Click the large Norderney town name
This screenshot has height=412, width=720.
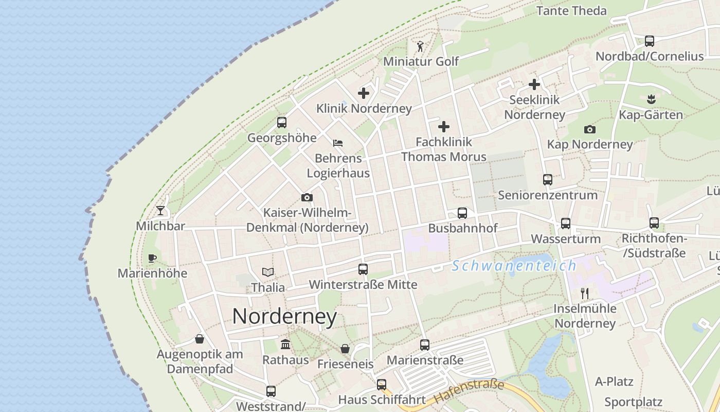coord(284,316)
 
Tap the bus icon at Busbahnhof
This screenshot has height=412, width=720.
coord(462,213)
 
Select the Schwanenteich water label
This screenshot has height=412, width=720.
coord(514,266)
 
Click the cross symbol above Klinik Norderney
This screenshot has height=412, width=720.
coord(364,93)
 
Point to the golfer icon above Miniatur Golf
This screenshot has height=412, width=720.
coord(420,46)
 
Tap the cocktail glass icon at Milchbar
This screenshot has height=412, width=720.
coord(160,210)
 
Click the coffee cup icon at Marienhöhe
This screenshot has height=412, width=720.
coord(152,258)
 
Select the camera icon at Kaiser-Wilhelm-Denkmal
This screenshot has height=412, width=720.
coord(307,197)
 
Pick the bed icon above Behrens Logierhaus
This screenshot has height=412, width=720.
coord(338,143)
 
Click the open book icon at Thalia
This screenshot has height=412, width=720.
coord(267,272)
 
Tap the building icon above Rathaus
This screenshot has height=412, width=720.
coord(285,344)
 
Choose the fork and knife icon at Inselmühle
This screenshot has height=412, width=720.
coord(584,294)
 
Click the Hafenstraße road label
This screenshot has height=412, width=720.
coord(469,391)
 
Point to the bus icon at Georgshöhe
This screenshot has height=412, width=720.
coord(282,123)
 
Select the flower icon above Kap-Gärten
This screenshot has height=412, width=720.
coord(651,98)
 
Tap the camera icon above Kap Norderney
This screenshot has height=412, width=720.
coord(589,129)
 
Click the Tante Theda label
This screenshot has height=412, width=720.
coord(571,11)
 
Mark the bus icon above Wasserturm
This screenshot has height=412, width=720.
coord(566,224)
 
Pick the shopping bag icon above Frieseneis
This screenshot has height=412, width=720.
coord(345,349)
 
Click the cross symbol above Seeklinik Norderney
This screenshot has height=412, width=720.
coord(534,84)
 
